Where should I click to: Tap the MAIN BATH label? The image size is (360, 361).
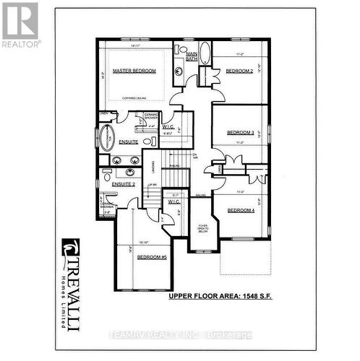(x=192, y=56)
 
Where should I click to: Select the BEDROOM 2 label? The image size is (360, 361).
(x=237, y=71)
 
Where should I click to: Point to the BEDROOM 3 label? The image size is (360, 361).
(x=240, y=134)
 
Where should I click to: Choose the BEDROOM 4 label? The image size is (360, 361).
(x=240, y=210)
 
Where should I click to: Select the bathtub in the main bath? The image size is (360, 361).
(x=205, y=53)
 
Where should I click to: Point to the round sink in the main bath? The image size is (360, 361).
(x=179, y=71)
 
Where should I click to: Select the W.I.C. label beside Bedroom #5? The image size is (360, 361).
(x=173, y=201)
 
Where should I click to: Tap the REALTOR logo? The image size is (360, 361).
(x=20, y=25)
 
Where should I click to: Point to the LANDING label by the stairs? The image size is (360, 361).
(x=153, y=168)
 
